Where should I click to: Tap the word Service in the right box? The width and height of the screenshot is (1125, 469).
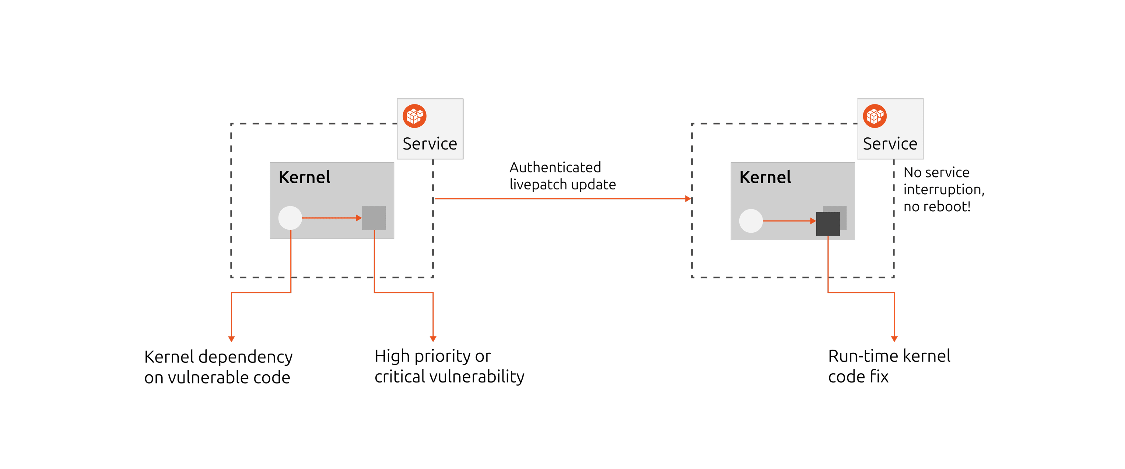[890, 144]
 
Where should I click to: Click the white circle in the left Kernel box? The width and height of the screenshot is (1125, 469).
[290, 218]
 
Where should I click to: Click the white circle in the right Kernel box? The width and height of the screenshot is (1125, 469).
[751, 221]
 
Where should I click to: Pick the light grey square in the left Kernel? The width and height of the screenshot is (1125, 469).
[374, 218]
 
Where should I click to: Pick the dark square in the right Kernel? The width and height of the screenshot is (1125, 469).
[828, 224]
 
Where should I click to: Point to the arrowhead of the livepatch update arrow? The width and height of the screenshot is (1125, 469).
[688, 199]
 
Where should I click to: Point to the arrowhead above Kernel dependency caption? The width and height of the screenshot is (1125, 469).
[231, 339]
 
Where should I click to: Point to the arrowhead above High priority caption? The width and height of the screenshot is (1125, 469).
[433, 339]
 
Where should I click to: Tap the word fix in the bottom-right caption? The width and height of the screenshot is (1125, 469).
[879, 377]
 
